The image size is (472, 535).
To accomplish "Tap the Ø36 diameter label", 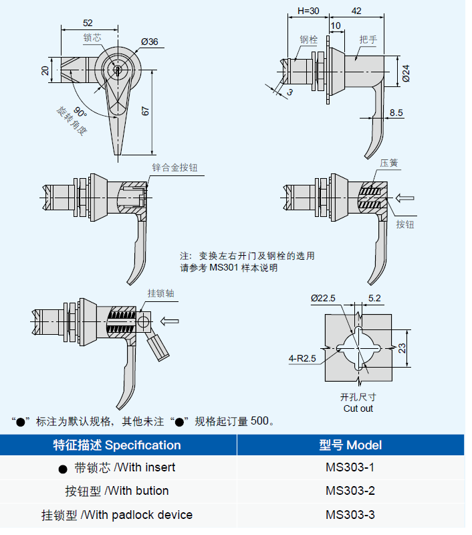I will [x=149, y=42].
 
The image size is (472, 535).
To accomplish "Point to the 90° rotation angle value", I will [x=81, y=110].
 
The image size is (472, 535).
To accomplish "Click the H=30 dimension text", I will [x=308, y=11].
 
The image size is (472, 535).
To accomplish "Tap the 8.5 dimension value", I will [x=396, y=112].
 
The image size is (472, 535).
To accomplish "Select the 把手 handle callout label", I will [x=368, y=40].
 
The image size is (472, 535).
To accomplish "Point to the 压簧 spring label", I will [x=389, y=163].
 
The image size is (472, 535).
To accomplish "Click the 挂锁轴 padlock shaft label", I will [x=161, y=293].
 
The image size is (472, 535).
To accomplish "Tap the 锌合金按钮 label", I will [x=174, y=167].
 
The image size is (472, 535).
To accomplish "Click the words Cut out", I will [x=358, y=408].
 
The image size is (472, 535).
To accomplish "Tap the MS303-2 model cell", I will [x=350, y=491].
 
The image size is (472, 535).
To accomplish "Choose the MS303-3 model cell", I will [x=350, y=515].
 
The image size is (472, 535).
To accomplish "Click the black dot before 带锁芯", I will [x=63, y=468].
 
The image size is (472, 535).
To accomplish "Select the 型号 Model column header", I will [x=350, y=445].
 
